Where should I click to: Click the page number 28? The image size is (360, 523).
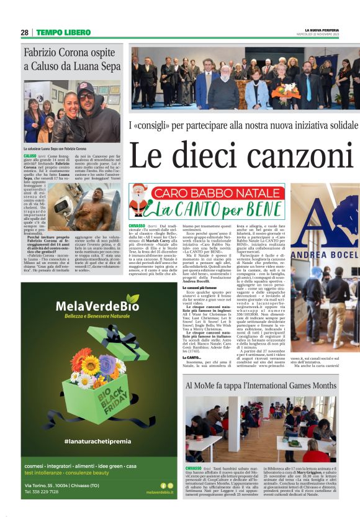pos(24,32)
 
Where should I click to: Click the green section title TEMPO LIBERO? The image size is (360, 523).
pos(63,32)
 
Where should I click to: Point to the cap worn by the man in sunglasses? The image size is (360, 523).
pos(86,88)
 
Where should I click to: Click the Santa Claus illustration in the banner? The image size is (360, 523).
pos(140,200)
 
